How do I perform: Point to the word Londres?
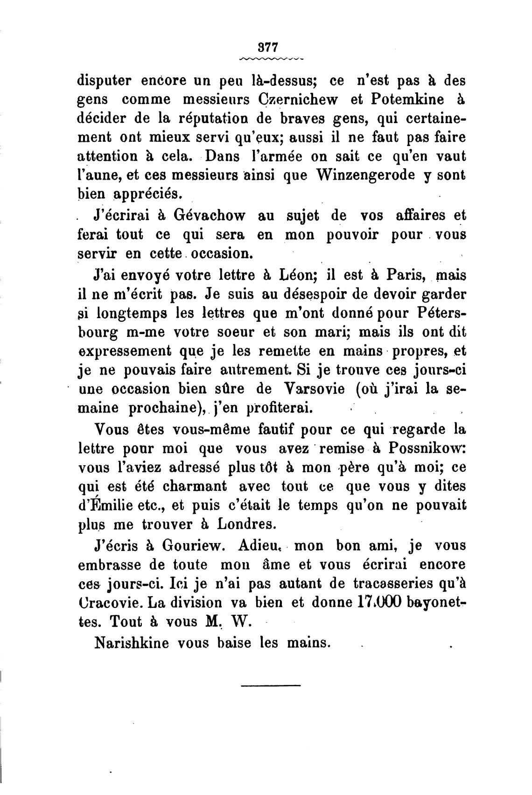[251, 523]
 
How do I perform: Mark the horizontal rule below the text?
[271, 685]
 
